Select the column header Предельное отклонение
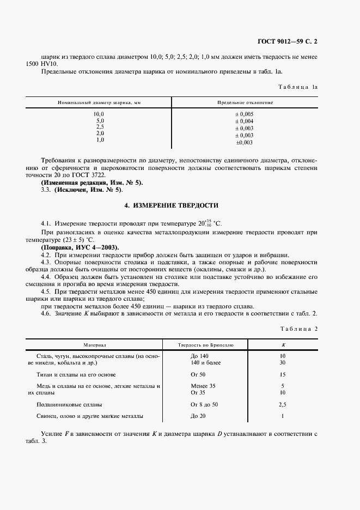pos(245,102)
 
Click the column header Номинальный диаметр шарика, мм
pos(99,102)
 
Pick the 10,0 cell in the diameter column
pos(100,114)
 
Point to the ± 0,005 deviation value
pos(244,114)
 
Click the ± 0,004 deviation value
pos(244,121)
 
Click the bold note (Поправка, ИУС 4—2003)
pos(80,247)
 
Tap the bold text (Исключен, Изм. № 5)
pos(89,190)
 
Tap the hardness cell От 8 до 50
pos(204,405)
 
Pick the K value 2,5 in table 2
pos(282,405)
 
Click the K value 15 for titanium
pos(282,375)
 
